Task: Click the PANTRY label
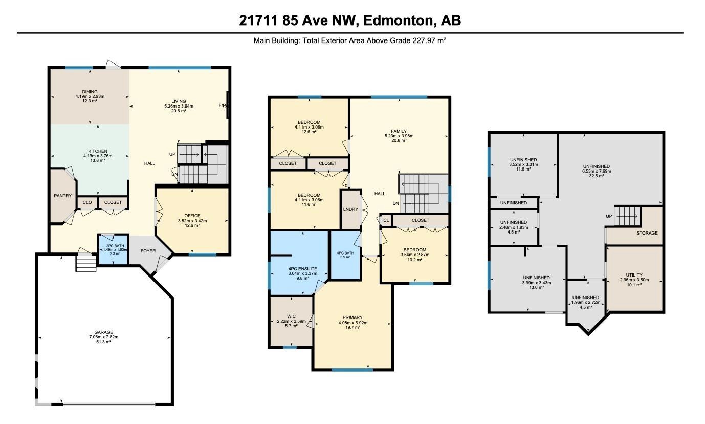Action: pos(62,196)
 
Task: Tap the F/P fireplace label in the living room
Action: pos(222,105)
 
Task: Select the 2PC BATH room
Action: pos(113,250)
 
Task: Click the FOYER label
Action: pos(148,251)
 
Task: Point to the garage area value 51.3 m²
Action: pos(103,342)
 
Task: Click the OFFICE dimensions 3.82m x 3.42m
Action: pos(192,221)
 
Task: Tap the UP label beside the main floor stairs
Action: pos(172,154)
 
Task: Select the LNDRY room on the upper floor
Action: pos(351,209)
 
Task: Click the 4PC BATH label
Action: pos(345,253)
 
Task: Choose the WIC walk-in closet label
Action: pos(291,316)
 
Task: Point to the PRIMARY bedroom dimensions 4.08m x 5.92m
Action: pos(353,323)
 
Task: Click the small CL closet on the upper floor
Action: pos(386,221)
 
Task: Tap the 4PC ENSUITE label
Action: pos(303,269)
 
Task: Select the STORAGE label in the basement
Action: pos(647,233)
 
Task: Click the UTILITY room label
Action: pos(634,275)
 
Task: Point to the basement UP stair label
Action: pos(609,216)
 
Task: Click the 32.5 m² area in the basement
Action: pos(597,176)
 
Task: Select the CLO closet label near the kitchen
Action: pos(87,202)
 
